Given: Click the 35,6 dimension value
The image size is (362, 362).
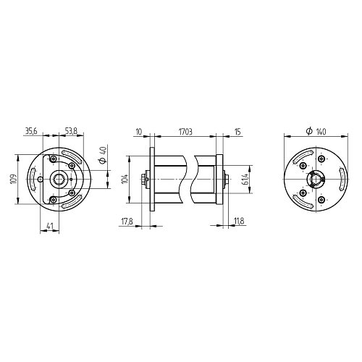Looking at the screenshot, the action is [x=31, y=131].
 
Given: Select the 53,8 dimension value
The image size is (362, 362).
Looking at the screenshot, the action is [x=71, y=131].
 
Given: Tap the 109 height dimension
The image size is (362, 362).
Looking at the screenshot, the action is [x=13, y=179].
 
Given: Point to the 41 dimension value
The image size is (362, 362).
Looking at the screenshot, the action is [x=49, y=227].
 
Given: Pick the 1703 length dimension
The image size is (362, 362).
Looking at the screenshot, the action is [x=185, y=132].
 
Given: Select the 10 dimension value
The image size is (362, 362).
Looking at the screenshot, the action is [x=139, y=132].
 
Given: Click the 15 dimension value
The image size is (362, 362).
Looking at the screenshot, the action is [x=237, y=132].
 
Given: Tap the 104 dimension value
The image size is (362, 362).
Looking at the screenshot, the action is [x=125, y=179].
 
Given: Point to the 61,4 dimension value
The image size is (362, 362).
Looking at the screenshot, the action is [x=245, y=179].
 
